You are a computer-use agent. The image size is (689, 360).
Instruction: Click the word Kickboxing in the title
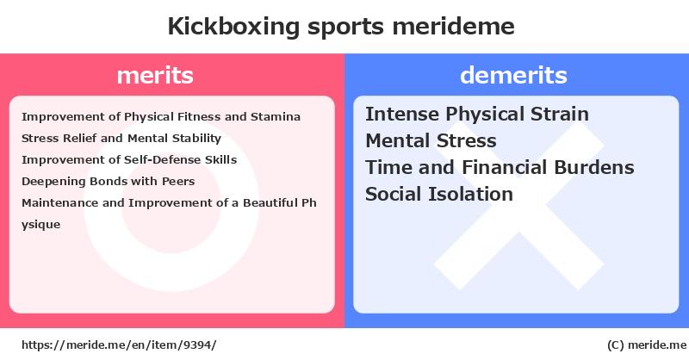click(233, 27)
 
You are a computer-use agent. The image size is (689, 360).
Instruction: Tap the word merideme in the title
click(454, 26)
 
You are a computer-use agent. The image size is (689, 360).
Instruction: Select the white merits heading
click(155, 76)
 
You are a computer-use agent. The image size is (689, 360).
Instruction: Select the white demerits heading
click(513, 75)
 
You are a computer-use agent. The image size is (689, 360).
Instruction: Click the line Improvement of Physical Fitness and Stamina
click(161, 117)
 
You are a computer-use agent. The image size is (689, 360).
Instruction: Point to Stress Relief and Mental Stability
click(121, 139)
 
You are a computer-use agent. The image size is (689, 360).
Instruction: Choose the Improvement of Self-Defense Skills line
click(129, 160)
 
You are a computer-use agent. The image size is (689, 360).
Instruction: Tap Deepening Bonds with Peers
click(109, 182)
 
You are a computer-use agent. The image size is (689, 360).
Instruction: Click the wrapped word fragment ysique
click(40, 225)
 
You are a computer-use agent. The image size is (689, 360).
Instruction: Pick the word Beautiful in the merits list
click(270, 203)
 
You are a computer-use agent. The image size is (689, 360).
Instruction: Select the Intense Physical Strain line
click(477, 115)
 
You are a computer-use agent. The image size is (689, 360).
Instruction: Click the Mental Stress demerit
click(431, 141)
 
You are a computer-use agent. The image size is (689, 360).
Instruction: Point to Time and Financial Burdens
click(500, 167)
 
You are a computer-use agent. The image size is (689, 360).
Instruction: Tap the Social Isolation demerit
click(439, 195)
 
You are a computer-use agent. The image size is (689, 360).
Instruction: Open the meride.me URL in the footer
click(119, 345)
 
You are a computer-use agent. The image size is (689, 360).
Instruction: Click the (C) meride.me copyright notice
click(647, 345)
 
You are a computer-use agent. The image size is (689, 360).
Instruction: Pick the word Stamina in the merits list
click(276, 117)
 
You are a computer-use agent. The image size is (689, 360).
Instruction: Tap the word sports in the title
click(346, 28)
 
